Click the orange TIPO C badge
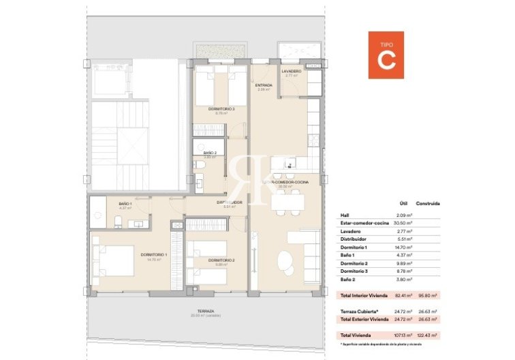pyautogui.click(x=386, y=55)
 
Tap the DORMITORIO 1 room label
pyautogui.click(x=154, y=255)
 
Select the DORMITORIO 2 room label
pyautogui.click(x=221, y=260)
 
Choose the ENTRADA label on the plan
pyautogui.click(x=264, y=85)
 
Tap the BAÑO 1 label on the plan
pyautogui.click(x=125, y=204)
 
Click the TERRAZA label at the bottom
pyautogui.click(x=198, y=311)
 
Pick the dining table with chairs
pyautogui.click(x=287, y=202)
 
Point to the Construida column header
pyautogui.click(x=428, y=203)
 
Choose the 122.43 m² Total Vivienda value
pyautogui.click(x=429, y=335)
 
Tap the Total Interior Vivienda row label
pyautogui.click(x=364, y=295)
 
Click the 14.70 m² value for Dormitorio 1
pyautogui.click(x=407, y=247)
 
